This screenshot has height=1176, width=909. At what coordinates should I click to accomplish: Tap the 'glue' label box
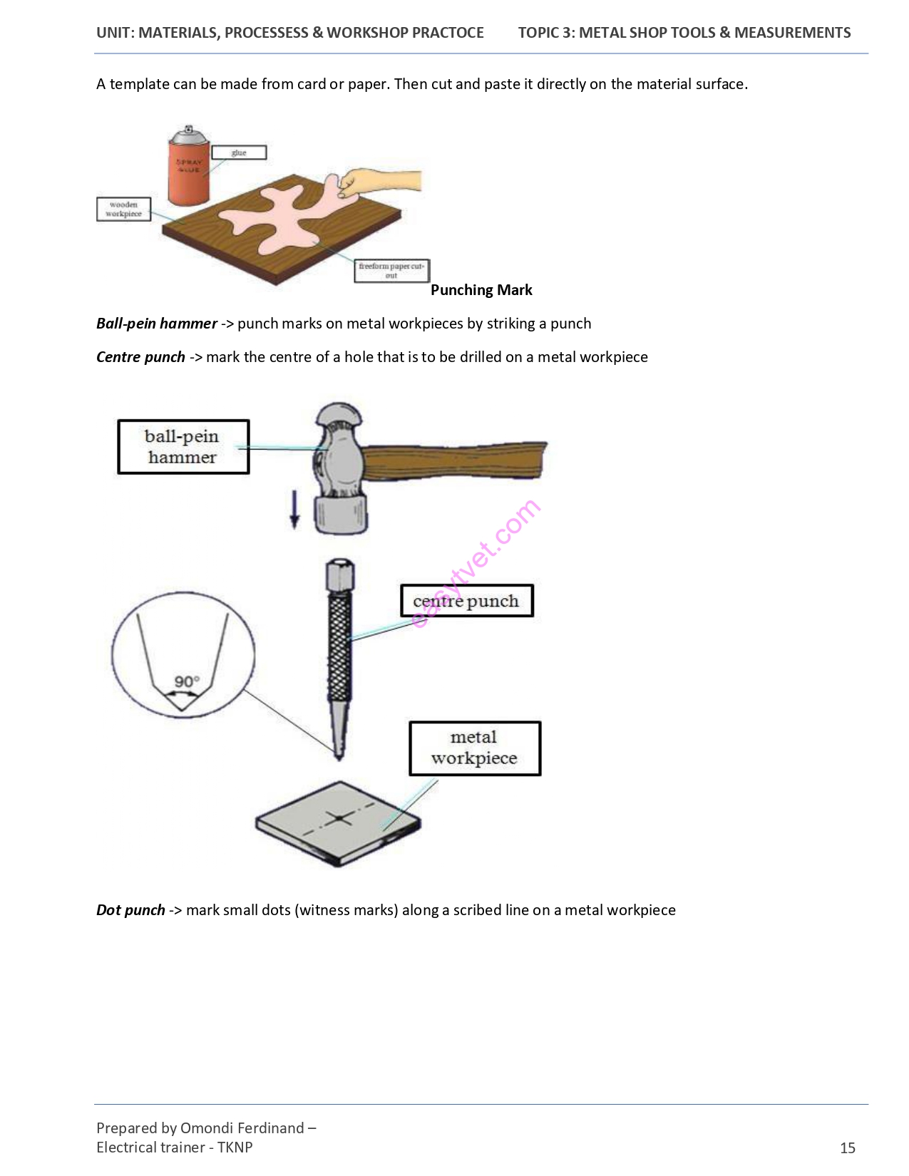coord(239,153)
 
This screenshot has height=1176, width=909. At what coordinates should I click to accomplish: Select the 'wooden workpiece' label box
coord(123,209)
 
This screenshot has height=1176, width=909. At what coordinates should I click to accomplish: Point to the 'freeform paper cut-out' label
coord(391,271)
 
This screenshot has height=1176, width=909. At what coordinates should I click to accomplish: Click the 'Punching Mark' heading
coord(481,290)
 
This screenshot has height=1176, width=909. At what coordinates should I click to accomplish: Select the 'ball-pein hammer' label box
coord(183,446)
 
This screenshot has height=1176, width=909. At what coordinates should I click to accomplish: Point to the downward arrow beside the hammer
coord(294,509)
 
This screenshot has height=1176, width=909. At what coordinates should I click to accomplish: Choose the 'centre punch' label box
coord(467,601)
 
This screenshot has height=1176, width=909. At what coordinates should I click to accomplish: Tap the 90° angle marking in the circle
coord(187,681)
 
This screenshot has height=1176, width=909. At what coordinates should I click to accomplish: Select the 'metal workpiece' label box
coord(475,748)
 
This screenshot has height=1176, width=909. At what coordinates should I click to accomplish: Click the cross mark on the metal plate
coord(339,819)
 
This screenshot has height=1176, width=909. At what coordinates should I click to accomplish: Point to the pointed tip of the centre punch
coord(339,759)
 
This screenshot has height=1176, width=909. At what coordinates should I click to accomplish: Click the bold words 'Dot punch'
coord(130,909)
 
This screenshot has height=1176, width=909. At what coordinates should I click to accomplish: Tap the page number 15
coord(847,1148)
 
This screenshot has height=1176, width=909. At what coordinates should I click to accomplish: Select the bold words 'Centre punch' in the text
coord(140,357)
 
